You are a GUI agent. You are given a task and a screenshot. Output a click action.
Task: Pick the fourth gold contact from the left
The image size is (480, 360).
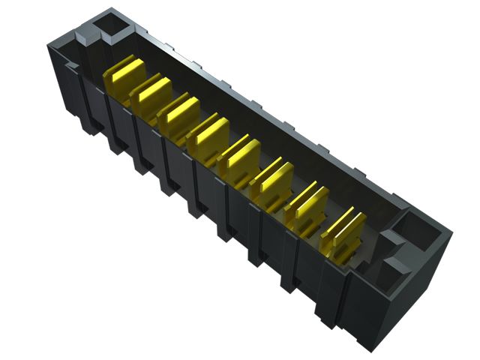(x=208, y=133)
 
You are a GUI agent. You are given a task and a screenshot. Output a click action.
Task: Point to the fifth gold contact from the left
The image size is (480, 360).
(x=239, y=155)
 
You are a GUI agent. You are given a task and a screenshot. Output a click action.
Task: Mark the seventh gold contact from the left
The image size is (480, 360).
(x=307, y=204)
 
